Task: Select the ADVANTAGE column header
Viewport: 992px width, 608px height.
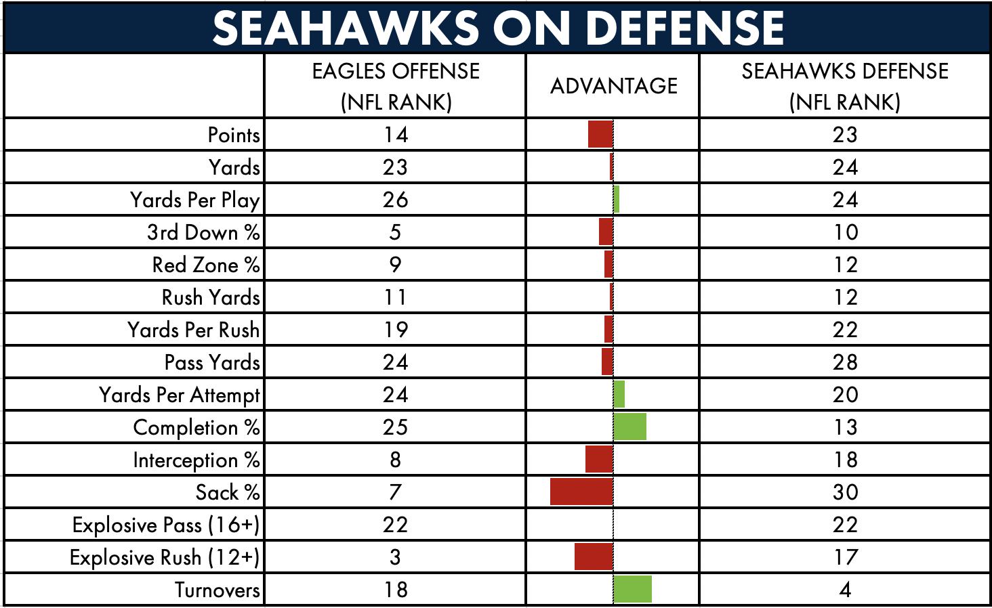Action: (614, 86)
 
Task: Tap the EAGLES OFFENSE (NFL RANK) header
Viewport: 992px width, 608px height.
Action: (396, 87)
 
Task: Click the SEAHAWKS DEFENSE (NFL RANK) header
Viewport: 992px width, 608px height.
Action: (845, 87)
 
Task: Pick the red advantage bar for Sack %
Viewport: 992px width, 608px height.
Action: (582, 492)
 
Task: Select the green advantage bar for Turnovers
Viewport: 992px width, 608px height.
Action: (633, 589)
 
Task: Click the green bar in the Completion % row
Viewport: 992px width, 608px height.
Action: (630, 427)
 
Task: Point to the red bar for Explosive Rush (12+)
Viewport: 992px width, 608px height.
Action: (594, 557)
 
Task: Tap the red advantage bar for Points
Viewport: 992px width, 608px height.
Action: (600, 134)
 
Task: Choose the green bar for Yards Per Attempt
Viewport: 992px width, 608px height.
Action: (619, 394)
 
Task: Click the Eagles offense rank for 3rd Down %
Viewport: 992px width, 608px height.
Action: (395, 232)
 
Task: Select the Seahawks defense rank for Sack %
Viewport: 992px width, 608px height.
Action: (845, 492)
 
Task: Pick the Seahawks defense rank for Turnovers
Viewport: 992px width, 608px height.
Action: (845, 590)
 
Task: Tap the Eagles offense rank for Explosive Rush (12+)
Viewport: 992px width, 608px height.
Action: (395, 557)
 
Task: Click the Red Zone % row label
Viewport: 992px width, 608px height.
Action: (206, 265)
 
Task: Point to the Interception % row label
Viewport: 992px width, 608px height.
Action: (197, 460)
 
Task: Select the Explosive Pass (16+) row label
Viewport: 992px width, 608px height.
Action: (165, 525)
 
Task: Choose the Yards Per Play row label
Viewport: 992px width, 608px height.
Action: (195, 200)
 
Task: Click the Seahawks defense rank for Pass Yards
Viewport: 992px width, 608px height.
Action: (845, 362)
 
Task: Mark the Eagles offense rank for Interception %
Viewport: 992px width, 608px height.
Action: (395, 460)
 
